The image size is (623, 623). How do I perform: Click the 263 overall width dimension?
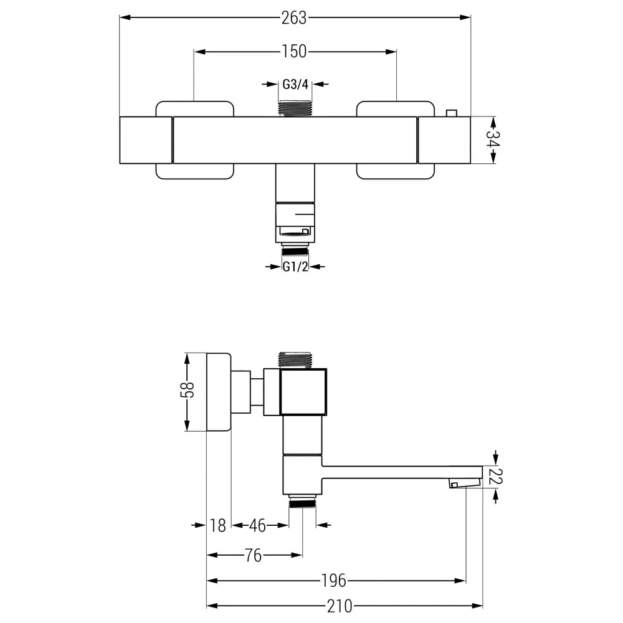[x=294, y=18]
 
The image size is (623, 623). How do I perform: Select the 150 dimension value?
[x=295, y=52]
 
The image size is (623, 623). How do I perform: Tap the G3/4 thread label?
[x=295, y=85]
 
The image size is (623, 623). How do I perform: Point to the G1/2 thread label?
[x=295, y=267]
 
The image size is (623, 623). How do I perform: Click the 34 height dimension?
[x=493, y=140]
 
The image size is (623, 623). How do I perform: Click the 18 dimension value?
[x=217, y=526]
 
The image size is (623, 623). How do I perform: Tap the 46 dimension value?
[x=257, y=526]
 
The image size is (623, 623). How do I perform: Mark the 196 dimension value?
[x=334, y=581]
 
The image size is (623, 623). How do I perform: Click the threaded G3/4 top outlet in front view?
[x=295, y=108]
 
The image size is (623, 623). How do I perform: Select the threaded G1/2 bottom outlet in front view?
[x=295, y=250]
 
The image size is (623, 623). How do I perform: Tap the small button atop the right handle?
[x=451, y=113]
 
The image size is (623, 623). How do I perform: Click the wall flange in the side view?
[x=218, y=392]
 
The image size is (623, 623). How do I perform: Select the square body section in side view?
[x=303, y=392]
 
